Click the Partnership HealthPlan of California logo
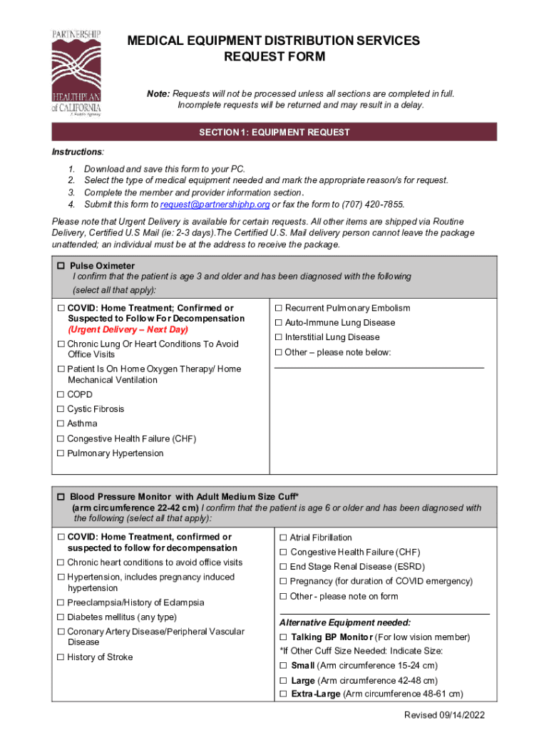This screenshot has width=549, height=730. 76,73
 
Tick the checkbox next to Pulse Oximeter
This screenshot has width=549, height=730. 61,266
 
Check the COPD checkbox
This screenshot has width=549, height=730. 61,394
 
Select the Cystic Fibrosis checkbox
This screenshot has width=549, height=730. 61,409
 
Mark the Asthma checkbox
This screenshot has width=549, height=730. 61,424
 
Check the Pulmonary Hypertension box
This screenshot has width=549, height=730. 61,453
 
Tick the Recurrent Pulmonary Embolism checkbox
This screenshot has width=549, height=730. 279,308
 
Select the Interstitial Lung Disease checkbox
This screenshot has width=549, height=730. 279,337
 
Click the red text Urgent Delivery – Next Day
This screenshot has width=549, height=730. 128,330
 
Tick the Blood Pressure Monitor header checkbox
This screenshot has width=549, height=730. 61,496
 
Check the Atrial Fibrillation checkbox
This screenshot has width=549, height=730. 283,538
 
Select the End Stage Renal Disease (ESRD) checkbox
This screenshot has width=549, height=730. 283,567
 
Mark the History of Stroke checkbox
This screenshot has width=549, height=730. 61,657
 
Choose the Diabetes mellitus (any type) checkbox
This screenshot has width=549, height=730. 61,617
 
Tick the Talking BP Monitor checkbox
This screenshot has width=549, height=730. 283,637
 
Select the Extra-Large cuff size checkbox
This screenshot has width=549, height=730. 283,694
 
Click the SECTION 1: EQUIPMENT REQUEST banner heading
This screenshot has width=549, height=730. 274,132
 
